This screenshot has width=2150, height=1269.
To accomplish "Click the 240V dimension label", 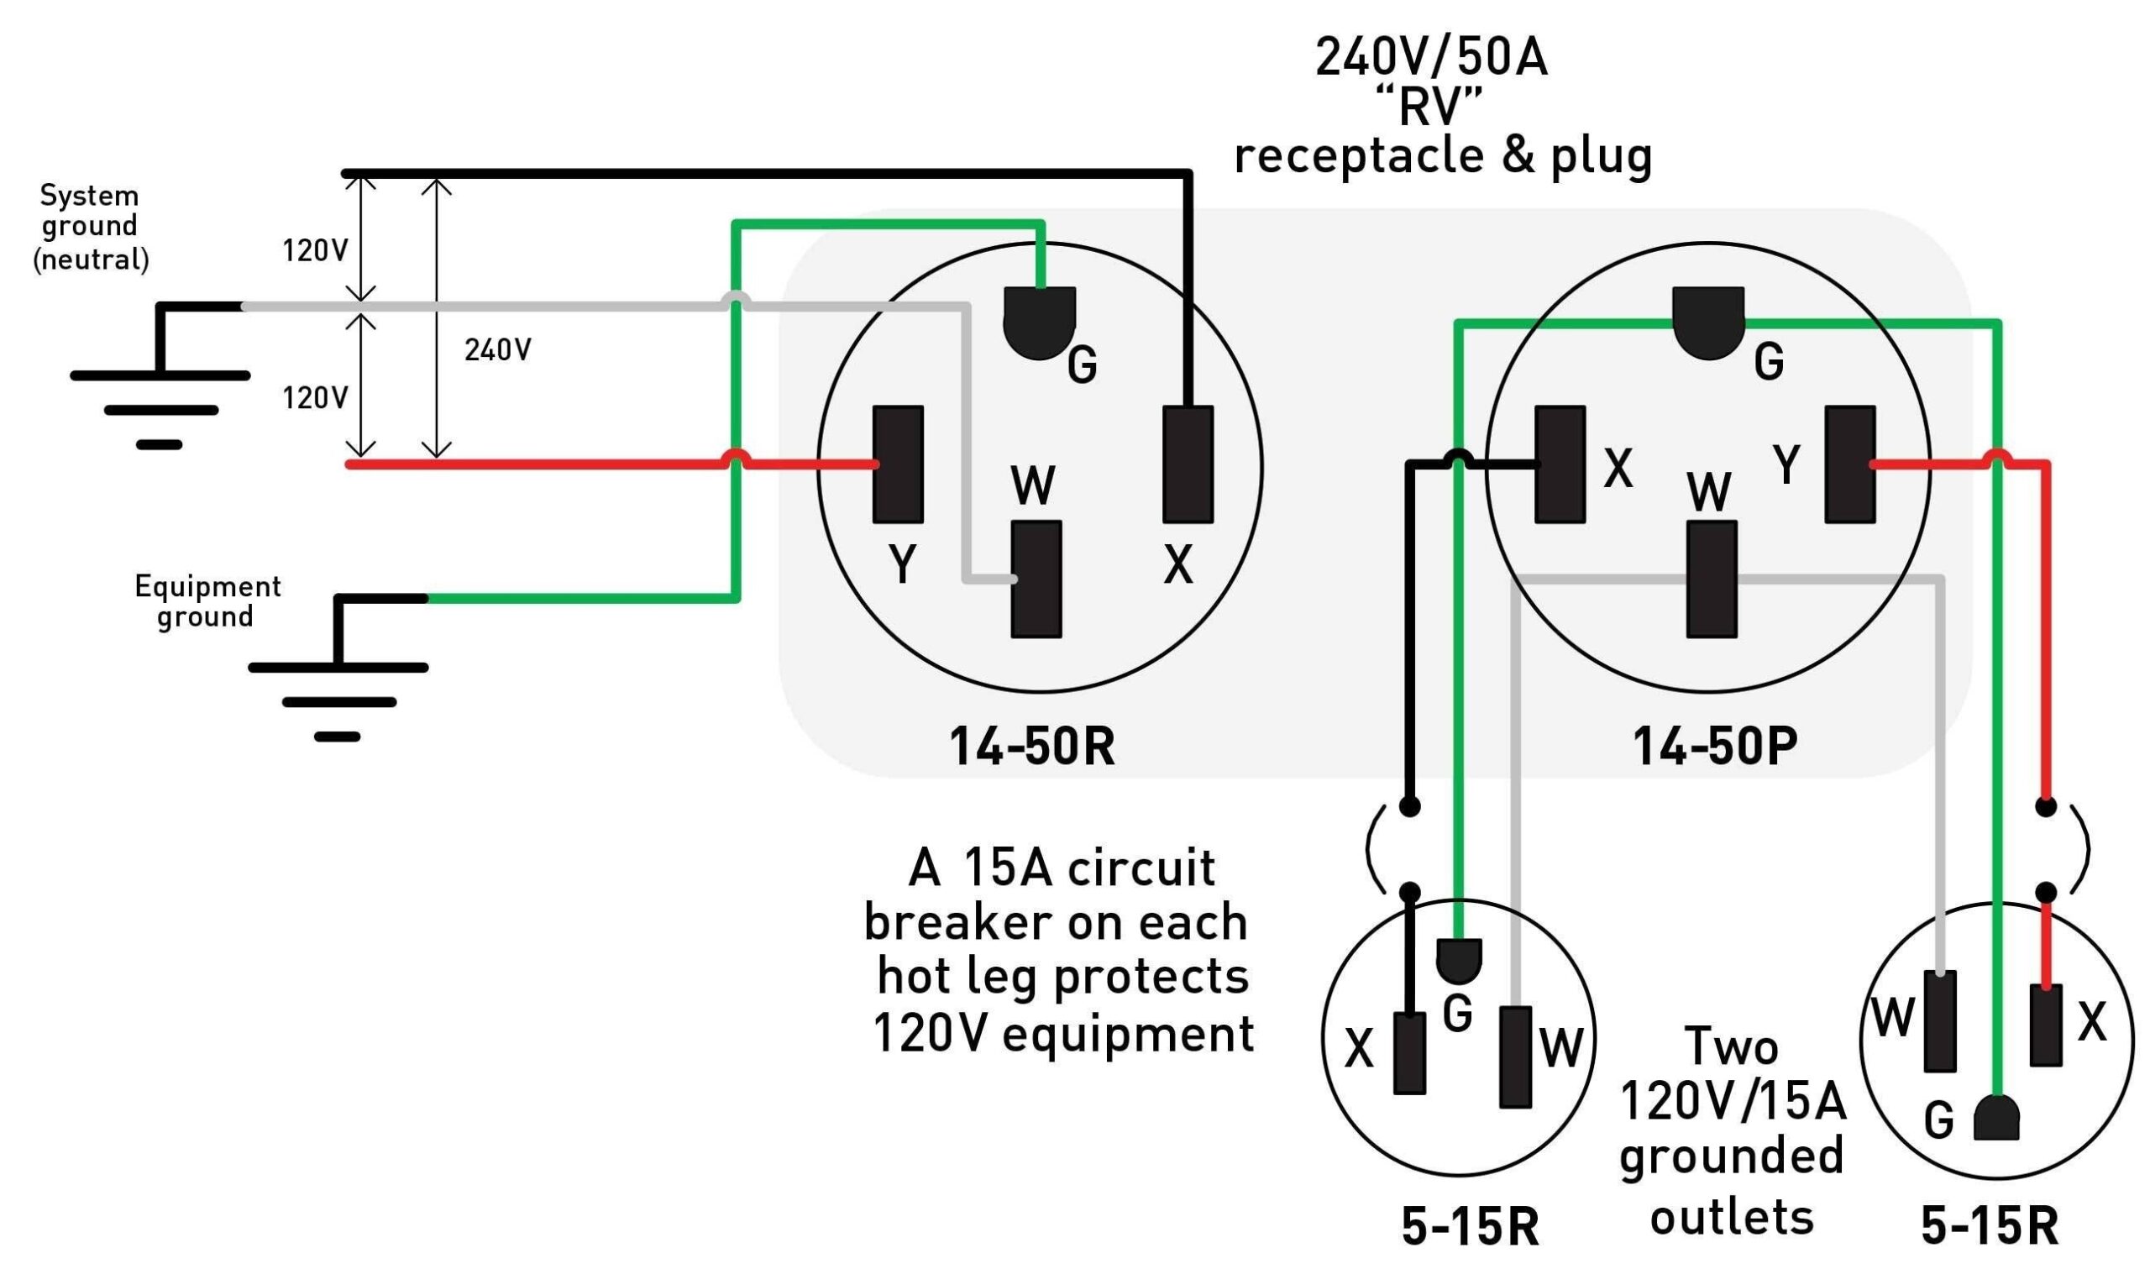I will point(497,349).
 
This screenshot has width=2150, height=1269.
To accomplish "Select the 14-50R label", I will point(1032,746).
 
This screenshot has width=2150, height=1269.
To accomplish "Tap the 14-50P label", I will point(1715,746).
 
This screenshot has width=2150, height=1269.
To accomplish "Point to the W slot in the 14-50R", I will point(1036,579).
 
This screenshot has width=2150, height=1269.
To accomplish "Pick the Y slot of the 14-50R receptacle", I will point(898,464).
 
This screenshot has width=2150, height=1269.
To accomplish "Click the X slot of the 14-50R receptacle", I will point(1188,464).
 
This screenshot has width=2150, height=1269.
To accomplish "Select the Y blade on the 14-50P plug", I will point(1850,464).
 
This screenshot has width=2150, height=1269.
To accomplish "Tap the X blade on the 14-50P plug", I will point(1560,464).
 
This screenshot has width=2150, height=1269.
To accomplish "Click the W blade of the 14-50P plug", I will point(1712,579).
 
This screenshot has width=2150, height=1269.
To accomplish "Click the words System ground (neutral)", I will point(91,227).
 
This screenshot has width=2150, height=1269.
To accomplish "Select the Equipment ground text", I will point(207,601).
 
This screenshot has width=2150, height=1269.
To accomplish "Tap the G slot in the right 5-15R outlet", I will point(1997,1118).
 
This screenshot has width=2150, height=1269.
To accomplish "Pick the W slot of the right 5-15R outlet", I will point(1940,1021).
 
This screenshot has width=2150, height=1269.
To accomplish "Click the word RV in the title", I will point(1429,107).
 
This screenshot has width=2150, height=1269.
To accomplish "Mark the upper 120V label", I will point(315,250).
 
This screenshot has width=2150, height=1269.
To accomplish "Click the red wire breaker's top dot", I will point(2046,805).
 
